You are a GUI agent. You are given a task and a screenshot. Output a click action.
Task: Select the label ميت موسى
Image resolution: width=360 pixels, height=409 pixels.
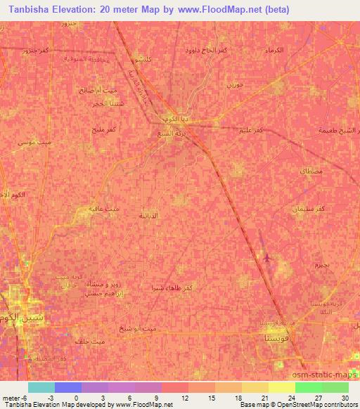34,141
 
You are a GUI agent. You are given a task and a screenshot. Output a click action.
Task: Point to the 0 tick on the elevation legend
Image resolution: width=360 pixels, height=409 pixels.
76,398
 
